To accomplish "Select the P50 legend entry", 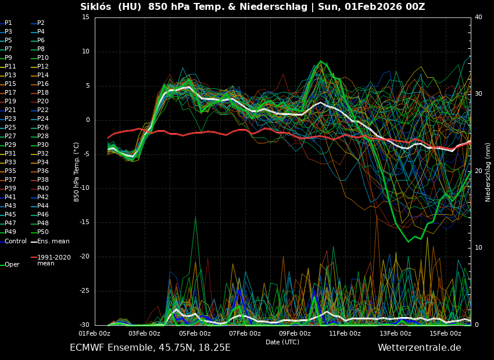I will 43,232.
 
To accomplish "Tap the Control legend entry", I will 16,241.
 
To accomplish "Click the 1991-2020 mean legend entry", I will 53,260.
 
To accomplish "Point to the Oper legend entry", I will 12,265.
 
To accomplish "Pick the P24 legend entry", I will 43,119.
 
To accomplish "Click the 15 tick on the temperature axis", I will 85,17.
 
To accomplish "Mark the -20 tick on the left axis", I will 84,257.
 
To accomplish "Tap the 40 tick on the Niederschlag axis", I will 478,17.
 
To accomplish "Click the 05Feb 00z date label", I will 195,333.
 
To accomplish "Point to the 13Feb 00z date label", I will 395,333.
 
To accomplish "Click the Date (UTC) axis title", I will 282,342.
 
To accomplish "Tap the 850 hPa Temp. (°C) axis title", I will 76,172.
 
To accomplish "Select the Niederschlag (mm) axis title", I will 488,172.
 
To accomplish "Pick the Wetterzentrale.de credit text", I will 419,348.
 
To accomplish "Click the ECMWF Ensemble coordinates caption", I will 150,348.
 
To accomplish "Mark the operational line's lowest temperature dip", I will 409,242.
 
